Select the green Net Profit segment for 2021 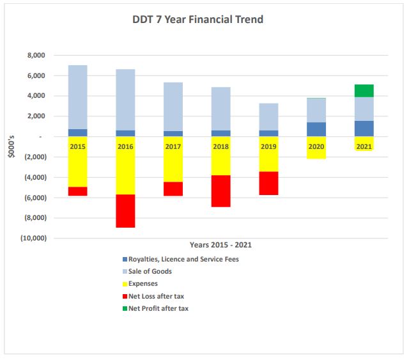point(364,91)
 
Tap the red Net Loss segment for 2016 point(125,210)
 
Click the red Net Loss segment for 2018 point(221,191)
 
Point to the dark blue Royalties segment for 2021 point(364,129)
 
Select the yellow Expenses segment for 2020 point(317,153)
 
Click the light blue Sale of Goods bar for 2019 point(268,117)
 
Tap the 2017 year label point(173,146)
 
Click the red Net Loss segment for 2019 point(268,183)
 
